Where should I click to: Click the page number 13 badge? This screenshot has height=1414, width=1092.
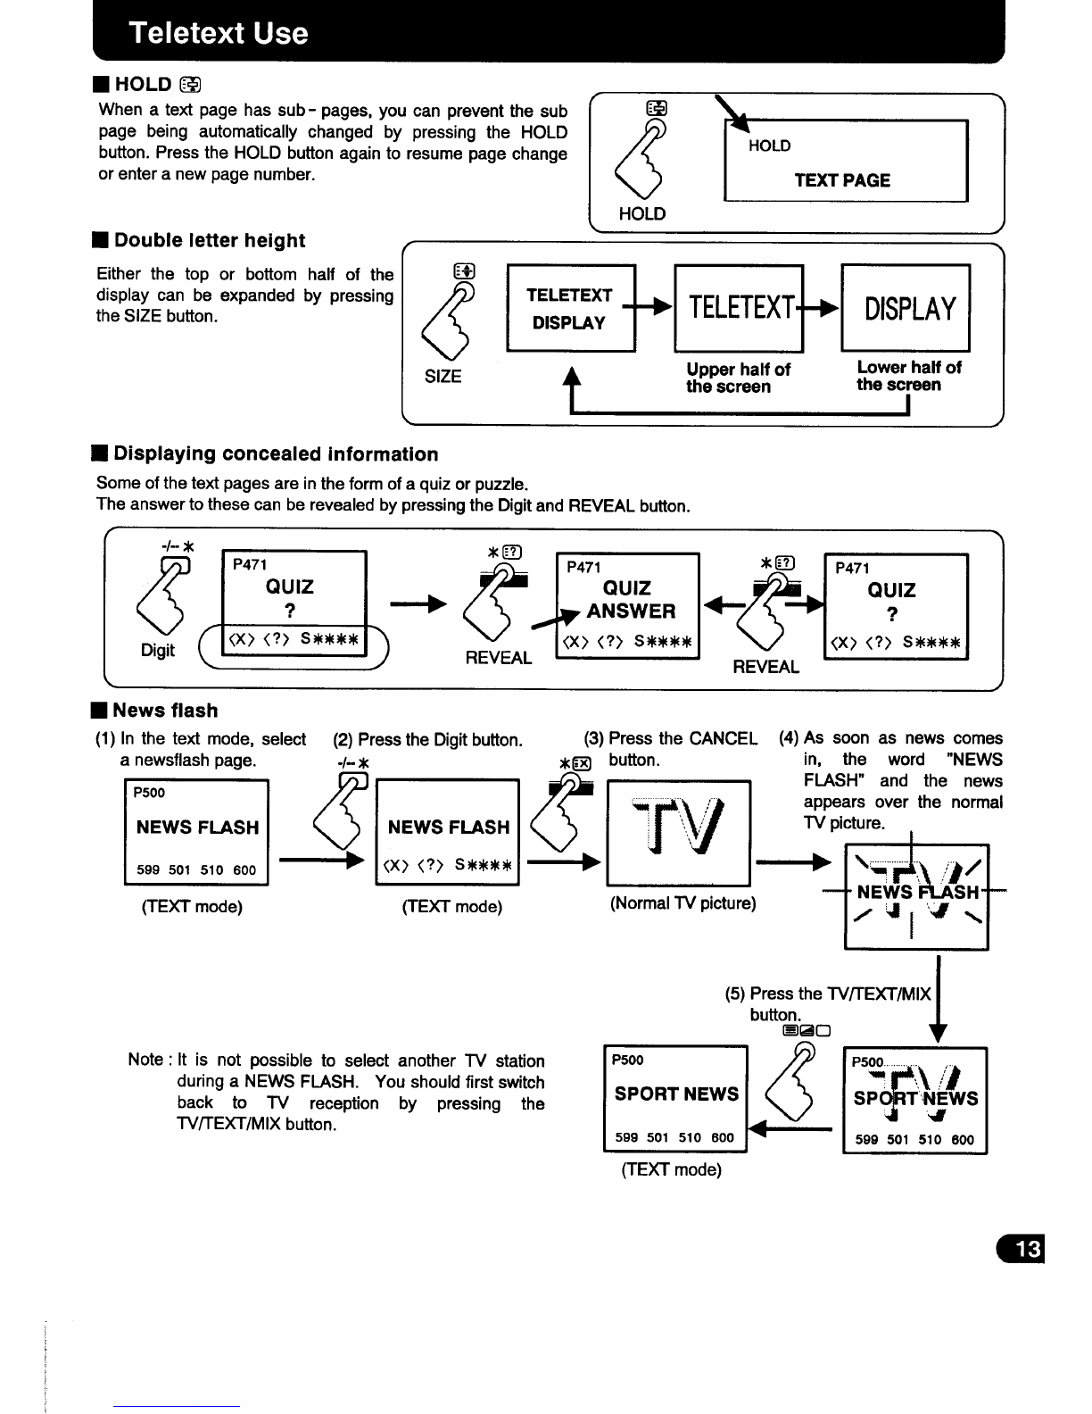[x=1020, y=1248]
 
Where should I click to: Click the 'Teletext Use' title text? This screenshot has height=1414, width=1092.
[x=219, y=32]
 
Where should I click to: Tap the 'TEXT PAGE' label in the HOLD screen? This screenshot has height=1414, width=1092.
[x=842, y=180]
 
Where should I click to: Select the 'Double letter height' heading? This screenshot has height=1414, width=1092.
[x=210, y=240]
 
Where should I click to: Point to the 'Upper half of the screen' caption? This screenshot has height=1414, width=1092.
[x=738, y=378]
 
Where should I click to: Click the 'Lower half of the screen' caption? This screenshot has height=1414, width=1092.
[x=908, y=376]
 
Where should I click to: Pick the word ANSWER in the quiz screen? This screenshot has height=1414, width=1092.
[x=631, y=611]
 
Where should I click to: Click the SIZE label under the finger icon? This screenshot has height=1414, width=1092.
[x=443, y=376]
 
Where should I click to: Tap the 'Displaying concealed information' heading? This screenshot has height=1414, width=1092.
[x=276, y=453]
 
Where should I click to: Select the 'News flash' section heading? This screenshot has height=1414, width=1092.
[x=165, y=710]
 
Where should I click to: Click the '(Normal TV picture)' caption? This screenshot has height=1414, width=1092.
[x=682, y=903]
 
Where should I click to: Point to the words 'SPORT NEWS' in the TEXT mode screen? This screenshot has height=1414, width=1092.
[x=676, y=1094]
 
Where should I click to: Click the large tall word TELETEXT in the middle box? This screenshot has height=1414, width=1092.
[x=741, y=307]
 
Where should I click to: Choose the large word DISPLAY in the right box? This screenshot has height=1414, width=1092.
[x=910, y=309]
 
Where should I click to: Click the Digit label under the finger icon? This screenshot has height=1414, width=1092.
[x=157, y=650]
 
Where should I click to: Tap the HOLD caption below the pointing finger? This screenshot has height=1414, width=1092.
[x=642, y=213]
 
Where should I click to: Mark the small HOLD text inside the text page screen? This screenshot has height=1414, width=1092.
[x=769, y=146]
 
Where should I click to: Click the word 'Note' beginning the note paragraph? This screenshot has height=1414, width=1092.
[x=145, y=1060]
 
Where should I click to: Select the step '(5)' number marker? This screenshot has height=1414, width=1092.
[x=735, y=994]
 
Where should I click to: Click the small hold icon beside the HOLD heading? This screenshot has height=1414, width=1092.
[x=191, y=84]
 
